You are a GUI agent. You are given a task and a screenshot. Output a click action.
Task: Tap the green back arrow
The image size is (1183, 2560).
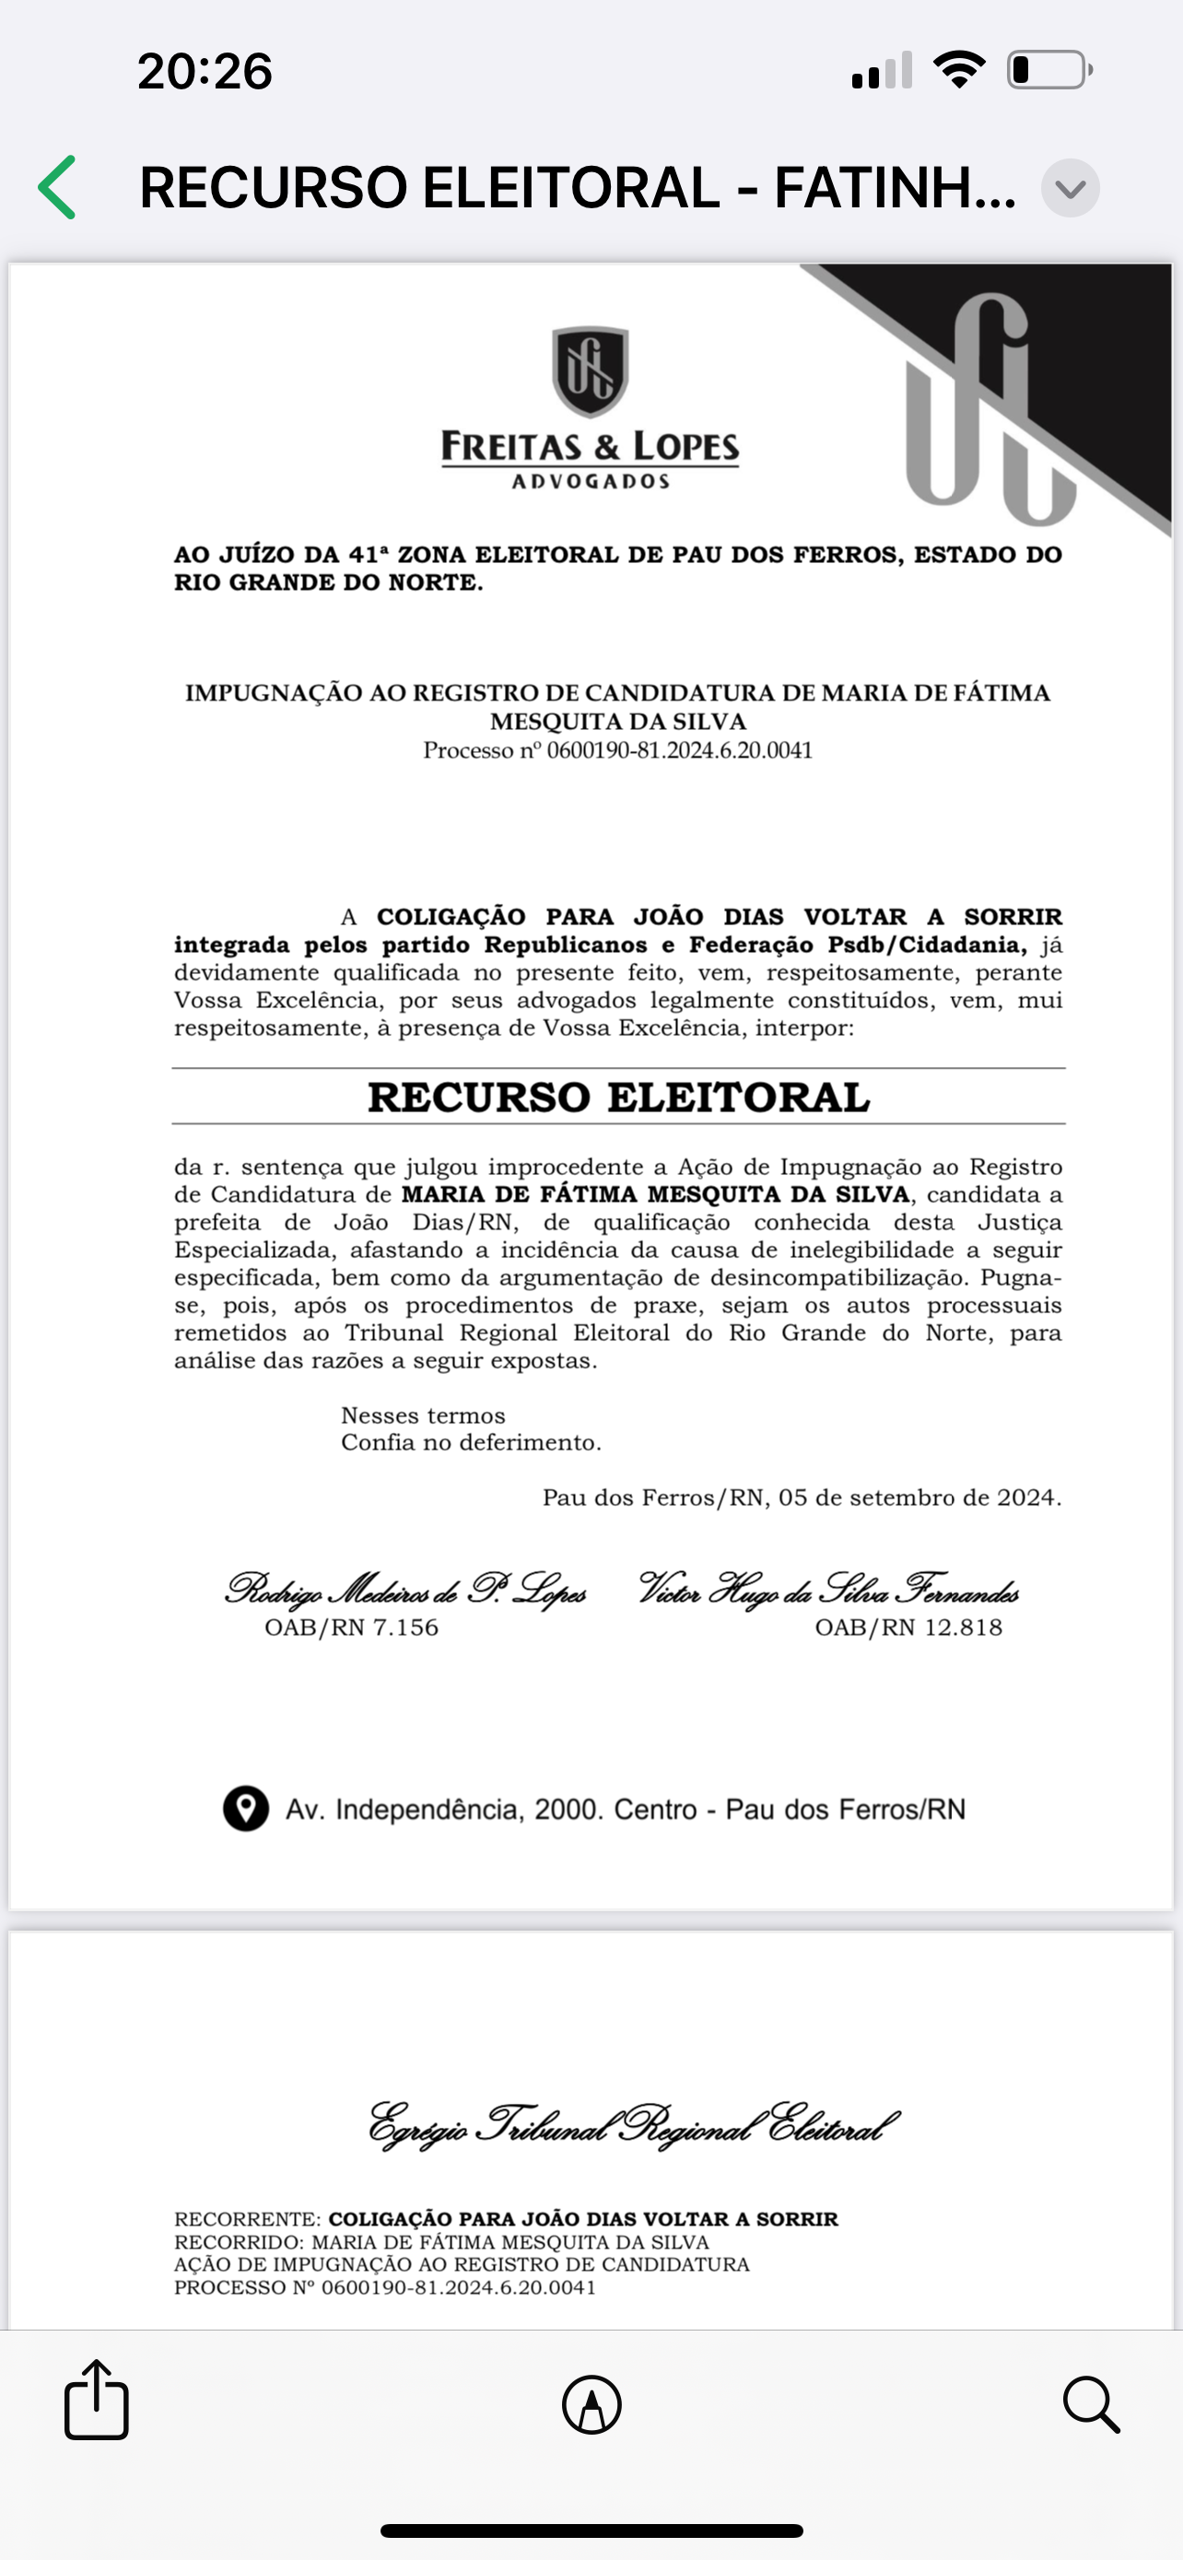coord(58,187)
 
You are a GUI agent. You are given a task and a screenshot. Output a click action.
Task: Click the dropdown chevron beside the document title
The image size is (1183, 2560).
coord(1070,188)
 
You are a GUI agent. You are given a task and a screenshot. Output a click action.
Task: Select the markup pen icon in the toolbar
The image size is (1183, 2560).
coord(592,2405)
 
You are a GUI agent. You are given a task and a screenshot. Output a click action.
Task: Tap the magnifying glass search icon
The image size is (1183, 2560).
coord(1091,2405)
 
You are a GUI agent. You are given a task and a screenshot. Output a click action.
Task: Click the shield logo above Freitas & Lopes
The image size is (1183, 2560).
coord(591,370)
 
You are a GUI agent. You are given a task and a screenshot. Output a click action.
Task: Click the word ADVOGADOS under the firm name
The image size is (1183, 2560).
coord(591,482)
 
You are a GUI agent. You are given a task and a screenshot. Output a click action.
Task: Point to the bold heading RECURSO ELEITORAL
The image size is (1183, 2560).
coord(618,1098)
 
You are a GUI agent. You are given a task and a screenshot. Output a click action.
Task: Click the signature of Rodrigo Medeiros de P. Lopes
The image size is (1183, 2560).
coord(405,1590)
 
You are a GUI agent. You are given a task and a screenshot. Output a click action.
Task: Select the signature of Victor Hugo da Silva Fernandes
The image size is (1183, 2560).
coord(829,1590)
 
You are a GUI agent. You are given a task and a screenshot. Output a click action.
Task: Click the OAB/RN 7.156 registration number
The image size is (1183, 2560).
coord(352,1627)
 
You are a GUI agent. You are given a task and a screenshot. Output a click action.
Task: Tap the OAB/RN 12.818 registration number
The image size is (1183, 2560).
coord(908,1627)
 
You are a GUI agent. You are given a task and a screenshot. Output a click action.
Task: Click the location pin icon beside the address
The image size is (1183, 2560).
coord(245,1809)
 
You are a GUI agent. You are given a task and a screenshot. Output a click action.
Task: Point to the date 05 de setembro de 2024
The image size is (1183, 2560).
coord(919,1497)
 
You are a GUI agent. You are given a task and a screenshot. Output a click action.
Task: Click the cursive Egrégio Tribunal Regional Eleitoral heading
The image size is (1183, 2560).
coord(634,2127)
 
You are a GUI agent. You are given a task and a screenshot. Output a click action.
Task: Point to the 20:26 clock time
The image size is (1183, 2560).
coord(205,72)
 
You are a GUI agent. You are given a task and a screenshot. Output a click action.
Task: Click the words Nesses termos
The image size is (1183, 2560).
coord(423,1415)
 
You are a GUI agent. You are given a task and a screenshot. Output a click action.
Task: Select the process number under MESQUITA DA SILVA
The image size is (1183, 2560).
coord(618,750)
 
